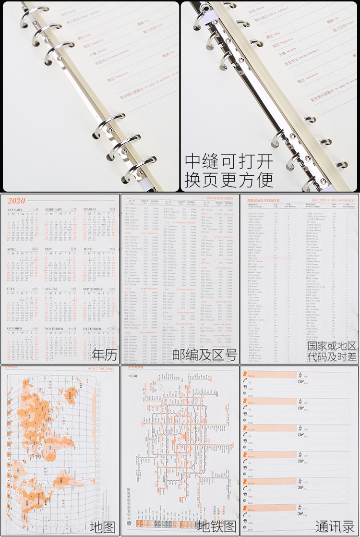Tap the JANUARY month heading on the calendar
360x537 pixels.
(x=15, y=209)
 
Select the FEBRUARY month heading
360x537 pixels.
(x=54, y=209)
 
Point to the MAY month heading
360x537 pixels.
(x=48, y=249)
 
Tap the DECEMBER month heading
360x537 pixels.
(x=92, y=329)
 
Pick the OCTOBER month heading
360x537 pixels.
(x=15, y=329)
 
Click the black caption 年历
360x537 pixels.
(x=104, y=355)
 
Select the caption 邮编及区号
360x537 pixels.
(x=205, y=355)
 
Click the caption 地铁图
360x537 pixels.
(x=217, y=526)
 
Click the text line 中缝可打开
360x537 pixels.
(x=229, y=160)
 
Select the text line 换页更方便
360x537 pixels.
(x=229, y=179)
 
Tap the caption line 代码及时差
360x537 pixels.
(x=332, y=357)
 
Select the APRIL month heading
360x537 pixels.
(x=12, y=249)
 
